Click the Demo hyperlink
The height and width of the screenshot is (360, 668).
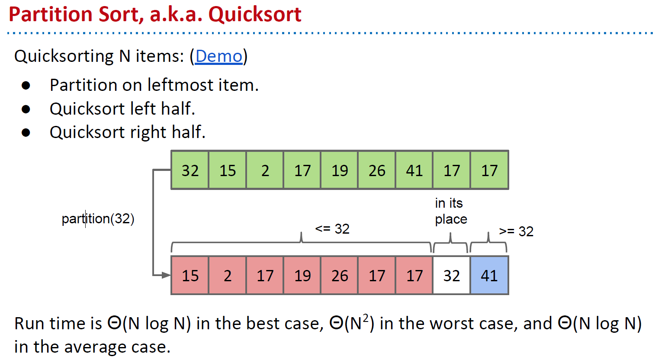218,56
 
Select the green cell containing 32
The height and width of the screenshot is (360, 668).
190,170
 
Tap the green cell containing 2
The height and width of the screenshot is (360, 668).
265,170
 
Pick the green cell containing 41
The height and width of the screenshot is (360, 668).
414,170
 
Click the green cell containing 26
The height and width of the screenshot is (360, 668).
377,170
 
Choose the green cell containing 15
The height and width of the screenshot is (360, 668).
228,170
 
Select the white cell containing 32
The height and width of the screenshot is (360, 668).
451,276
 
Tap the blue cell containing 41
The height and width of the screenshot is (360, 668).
489,276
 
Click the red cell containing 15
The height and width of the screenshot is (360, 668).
190,276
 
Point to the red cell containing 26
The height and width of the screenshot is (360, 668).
340,276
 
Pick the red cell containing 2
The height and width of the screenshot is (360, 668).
228,276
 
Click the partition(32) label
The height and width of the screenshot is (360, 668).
98,219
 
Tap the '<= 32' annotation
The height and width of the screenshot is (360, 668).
332,228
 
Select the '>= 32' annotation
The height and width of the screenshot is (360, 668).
516,231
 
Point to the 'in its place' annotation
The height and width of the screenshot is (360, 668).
451,211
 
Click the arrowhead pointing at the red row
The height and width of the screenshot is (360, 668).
166,275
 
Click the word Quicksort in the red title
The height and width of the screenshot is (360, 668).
255,14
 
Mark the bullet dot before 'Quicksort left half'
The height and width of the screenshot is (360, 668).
26,109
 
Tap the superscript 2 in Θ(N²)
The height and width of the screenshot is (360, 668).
366,318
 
